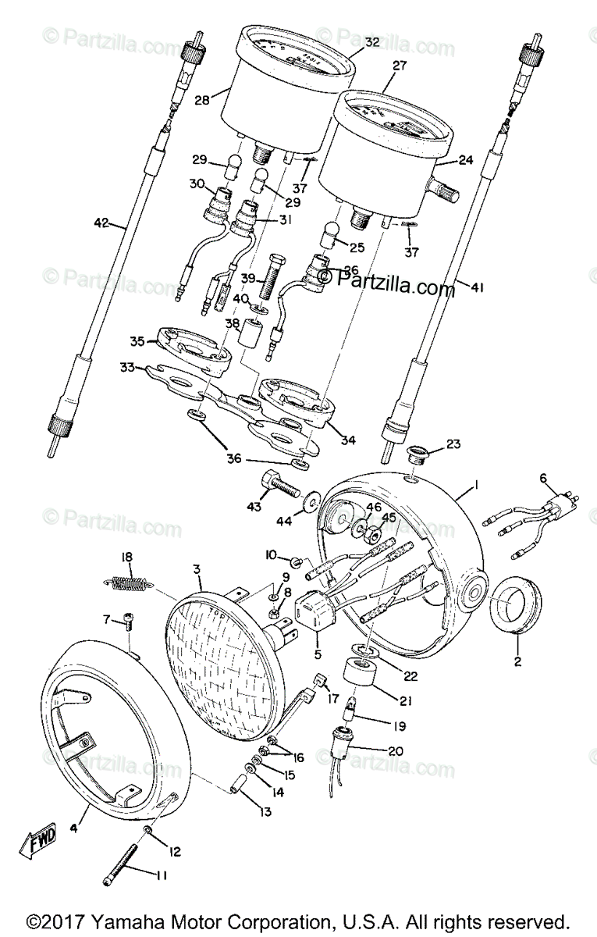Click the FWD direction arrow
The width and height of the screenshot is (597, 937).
[34, 844]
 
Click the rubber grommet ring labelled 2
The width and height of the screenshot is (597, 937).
[513, 607]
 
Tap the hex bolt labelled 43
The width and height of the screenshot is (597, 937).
[280, 487]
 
